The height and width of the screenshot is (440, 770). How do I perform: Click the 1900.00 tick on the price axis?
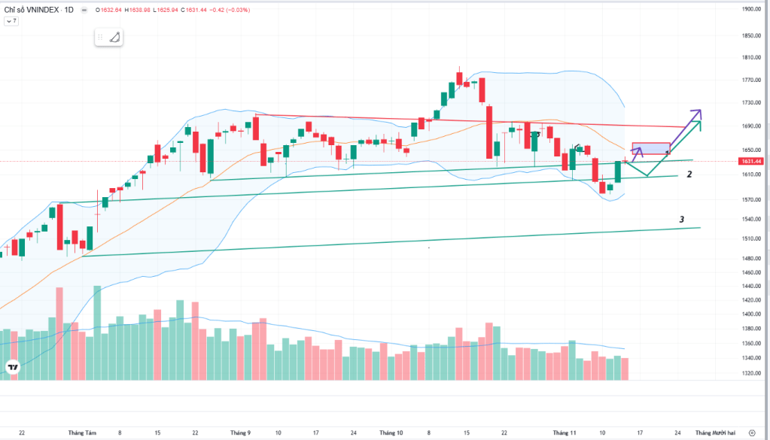(750, 10)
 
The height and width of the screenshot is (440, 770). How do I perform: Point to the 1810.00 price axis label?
(750, 57)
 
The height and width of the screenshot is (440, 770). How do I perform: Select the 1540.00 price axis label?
(750, 220)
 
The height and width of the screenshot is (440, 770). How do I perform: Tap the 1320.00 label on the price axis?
(750, 373)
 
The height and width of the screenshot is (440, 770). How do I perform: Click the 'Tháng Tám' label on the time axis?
(82, 432)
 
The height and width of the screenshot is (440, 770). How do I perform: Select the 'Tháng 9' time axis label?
(240, 432)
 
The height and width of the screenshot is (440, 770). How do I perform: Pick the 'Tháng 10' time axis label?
(391, 432)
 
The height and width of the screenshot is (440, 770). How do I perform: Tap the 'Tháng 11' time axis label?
(565, 432)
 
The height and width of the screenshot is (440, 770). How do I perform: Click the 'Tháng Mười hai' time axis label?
(713, 432)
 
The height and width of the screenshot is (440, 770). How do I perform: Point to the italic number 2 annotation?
(689, 174)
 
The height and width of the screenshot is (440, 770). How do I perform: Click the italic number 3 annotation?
(682, 220)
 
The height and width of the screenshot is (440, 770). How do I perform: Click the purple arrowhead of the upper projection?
(697, 112)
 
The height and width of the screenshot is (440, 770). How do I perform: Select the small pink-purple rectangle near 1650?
(651, 148)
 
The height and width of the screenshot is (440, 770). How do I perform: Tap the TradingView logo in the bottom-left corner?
(13, 367)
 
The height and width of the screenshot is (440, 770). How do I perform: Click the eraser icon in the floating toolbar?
(114, 37)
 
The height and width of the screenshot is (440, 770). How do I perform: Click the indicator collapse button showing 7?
(11, 22)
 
